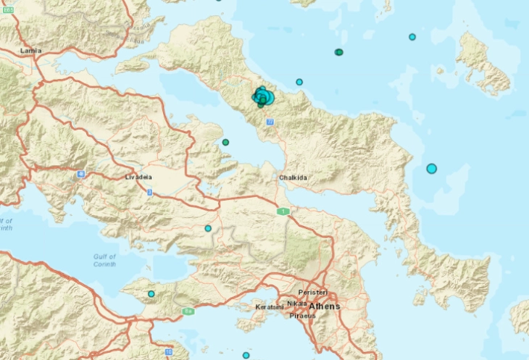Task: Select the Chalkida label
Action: (291, 177)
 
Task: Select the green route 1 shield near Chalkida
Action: (283, 211)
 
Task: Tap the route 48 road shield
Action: (81, 174)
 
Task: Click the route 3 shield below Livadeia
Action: (149, 192)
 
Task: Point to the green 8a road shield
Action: (188, 311)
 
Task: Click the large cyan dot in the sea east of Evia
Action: (432, 169)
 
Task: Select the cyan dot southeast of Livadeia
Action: (208, 229)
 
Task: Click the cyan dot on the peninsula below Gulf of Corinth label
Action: (151, 293)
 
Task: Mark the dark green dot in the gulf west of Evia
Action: (225, 142)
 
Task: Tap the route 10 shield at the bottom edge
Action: (168, 352)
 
